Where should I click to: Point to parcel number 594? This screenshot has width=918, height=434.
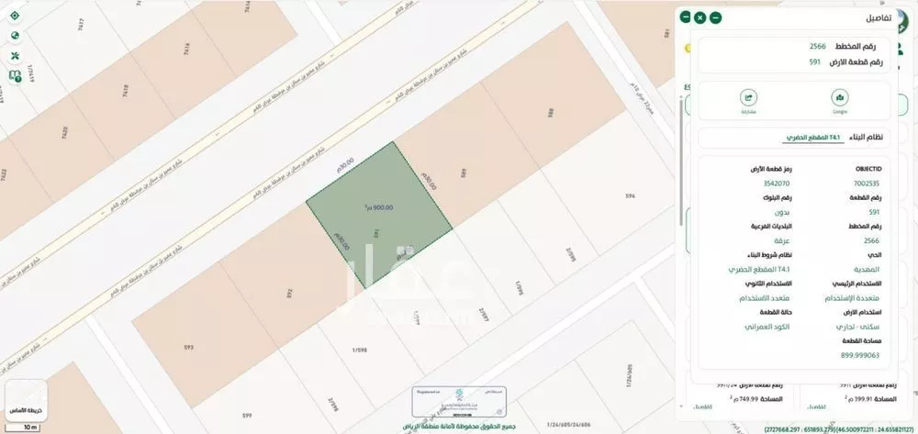[630, 196]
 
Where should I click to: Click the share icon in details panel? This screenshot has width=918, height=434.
[748, 101]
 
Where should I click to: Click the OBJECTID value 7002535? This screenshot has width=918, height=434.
[866, 182]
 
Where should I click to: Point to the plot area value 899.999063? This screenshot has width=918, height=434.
[861, 355]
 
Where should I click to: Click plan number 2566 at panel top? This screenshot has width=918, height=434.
[817, 47]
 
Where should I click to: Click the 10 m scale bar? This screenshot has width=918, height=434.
[29, 427]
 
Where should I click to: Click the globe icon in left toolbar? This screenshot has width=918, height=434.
[15, 35]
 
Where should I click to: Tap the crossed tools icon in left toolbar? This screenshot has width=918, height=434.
[15, 55]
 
